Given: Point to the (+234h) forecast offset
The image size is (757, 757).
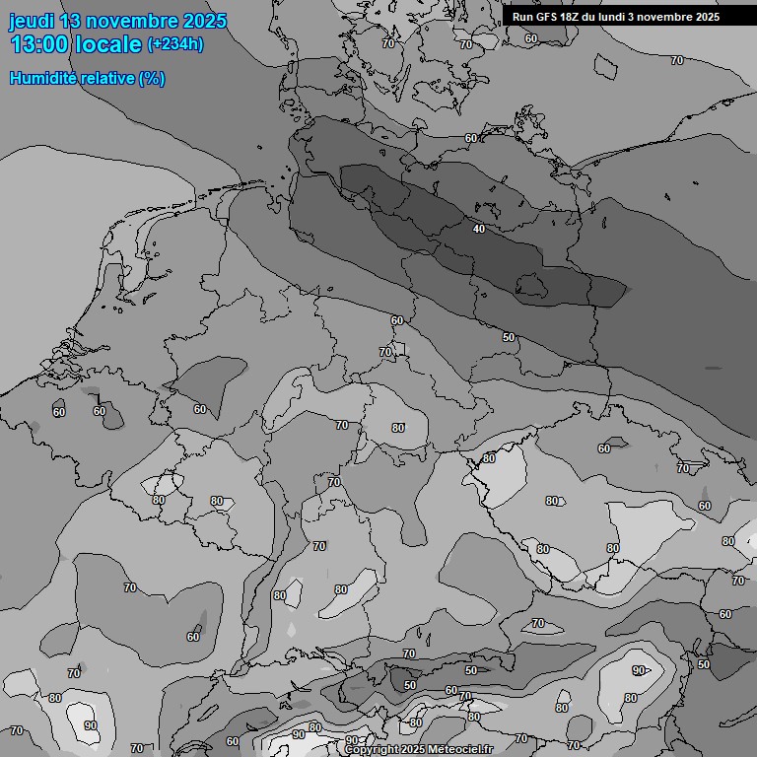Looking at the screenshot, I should (x=176, y=44).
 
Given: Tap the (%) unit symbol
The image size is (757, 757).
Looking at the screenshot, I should (x=152, y=78).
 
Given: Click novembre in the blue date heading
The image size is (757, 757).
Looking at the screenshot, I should (x=135, y=22).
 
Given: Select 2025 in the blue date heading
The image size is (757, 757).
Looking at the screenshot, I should (x=204, y=22).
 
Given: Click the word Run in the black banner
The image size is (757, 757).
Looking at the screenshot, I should (x=522, y=17).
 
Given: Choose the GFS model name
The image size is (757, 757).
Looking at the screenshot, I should (x=546, y=17).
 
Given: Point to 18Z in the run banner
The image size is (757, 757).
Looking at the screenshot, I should (x=571, y=17).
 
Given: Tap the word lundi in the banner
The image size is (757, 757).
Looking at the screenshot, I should (x=611, y=17).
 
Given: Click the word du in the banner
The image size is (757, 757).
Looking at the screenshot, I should (x=588, y=17).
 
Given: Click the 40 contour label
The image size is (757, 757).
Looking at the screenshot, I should (x=479, y=230).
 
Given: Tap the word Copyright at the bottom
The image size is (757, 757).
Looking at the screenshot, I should (x=372, y=750).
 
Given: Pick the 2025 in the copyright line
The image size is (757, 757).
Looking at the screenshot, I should (x=416, y=750).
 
